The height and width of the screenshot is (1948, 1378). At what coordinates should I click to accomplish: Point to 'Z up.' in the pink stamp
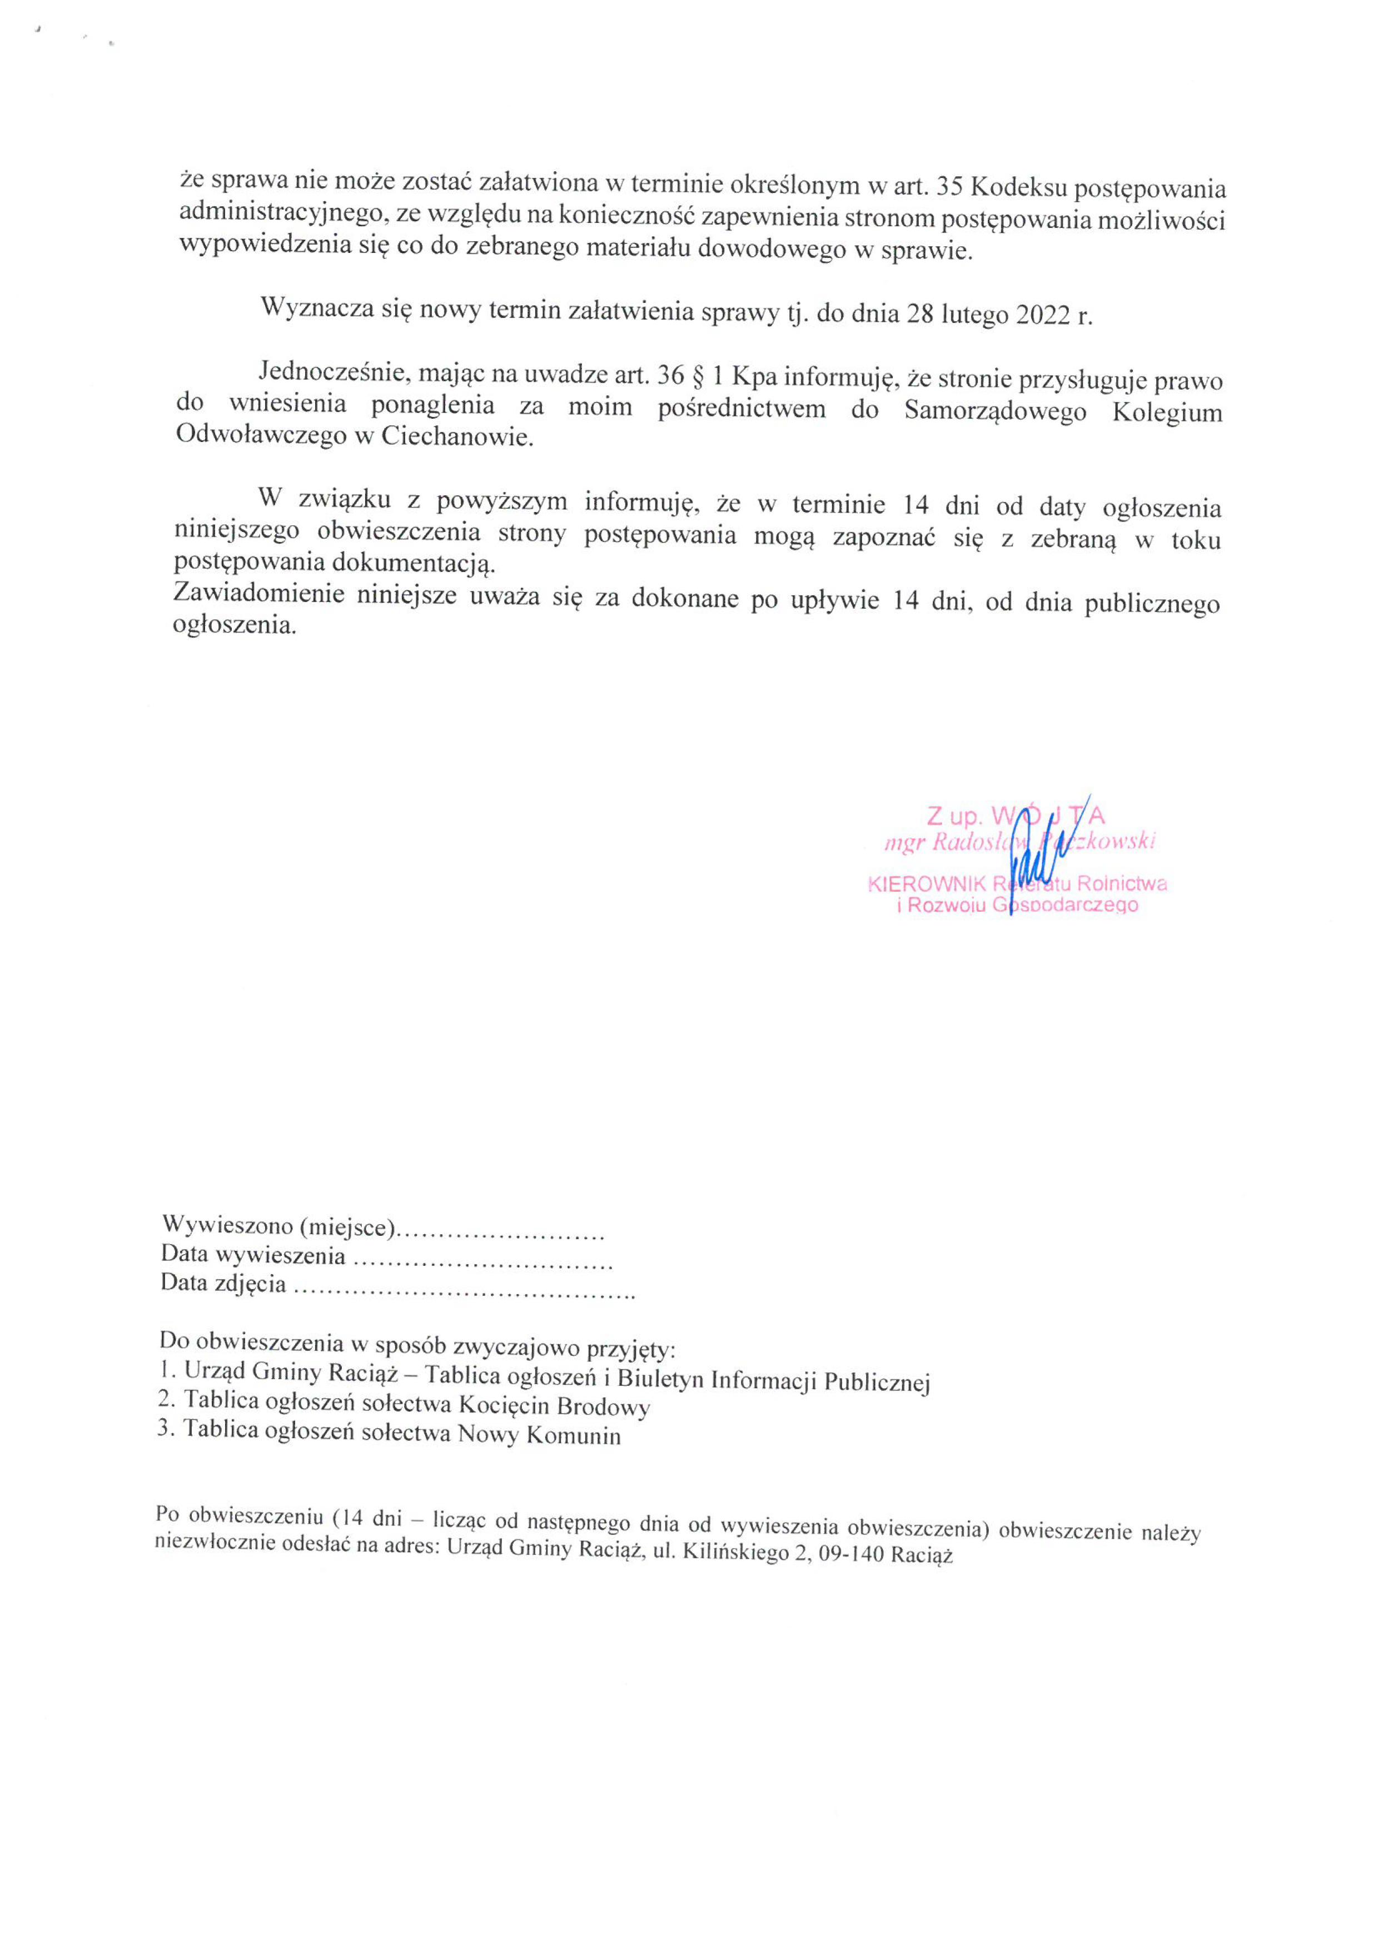[x=954, y=816]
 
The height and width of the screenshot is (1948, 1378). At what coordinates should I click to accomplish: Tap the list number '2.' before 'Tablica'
[x=166, y=1399]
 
